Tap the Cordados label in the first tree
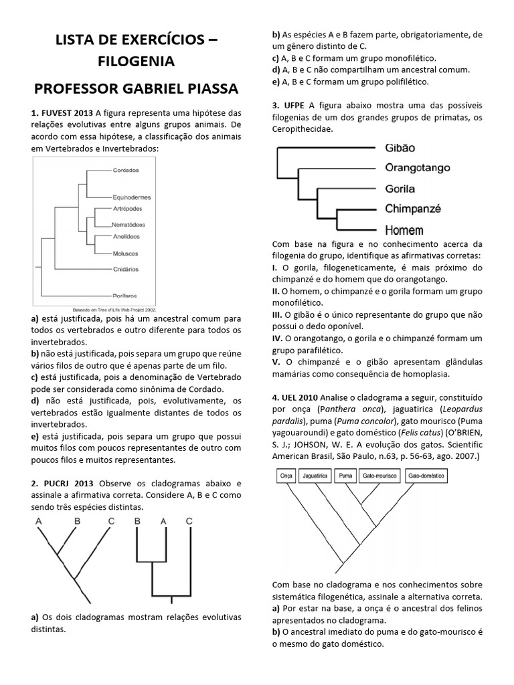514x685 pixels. tap(126, 171)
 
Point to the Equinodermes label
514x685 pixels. tap(131, 197)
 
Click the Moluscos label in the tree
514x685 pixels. tap(125, 254)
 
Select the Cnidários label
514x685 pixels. tap(125, 269)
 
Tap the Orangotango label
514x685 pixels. tap(418, 168)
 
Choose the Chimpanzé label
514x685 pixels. tap(413, 209)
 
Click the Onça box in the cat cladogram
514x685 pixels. tap(286, 476)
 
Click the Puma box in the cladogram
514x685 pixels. tap(345, 476)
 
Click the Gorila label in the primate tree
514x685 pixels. tap(400, 189)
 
